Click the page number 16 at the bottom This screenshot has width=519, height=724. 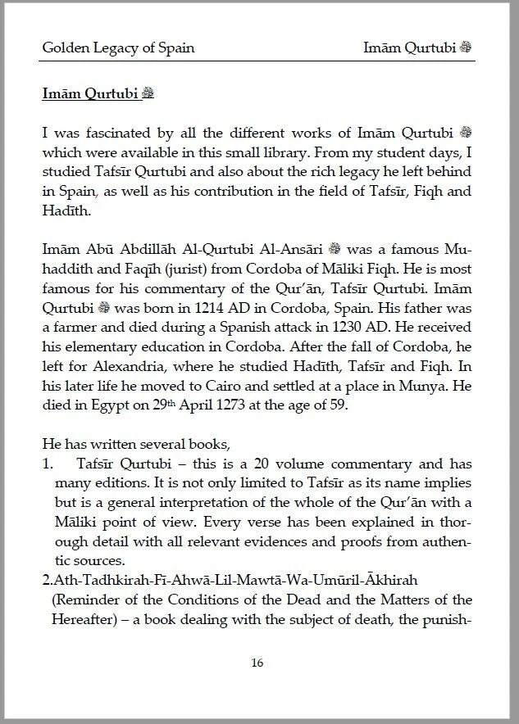coord(257,663)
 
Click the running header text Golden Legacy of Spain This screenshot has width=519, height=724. coord(118,48)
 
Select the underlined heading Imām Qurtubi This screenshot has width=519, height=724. coord(92,93)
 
